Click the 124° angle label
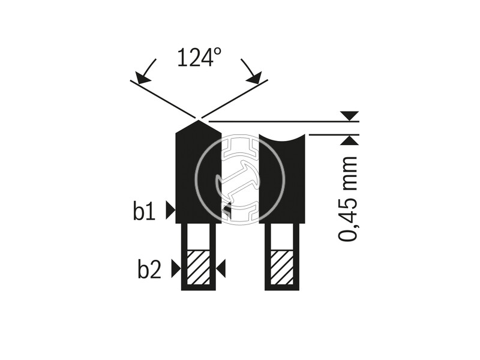click(x=199, y=57)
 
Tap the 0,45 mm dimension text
click(x=348, y=199)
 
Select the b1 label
click(x=144, y=211)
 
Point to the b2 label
click(x=149, y=269)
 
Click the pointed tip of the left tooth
click(x=199, y=121)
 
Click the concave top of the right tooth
click(x=282, y=139)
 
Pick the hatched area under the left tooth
click(x=199, y=268)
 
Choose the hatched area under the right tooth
click(x=282, y=268)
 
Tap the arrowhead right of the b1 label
click(x=170, y=211)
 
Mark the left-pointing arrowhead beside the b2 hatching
click(x=221, y=269)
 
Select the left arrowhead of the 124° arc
click(x=143, y=78)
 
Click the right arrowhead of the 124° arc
click(x=254, y=78)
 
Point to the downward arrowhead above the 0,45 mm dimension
click(x=350, y=116)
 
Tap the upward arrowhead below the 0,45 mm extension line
click(x=350, y=140)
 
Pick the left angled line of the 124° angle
click(x=163, y=98)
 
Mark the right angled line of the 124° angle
click(x=235, y=98)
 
